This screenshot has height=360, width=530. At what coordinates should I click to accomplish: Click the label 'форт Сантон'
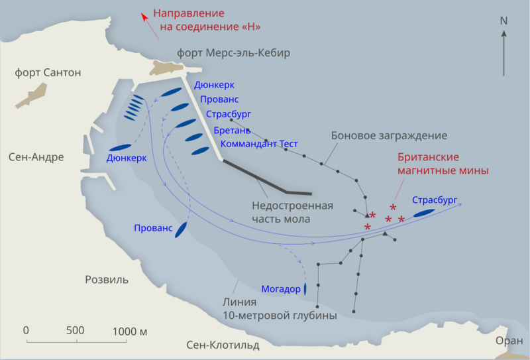coord(48,72)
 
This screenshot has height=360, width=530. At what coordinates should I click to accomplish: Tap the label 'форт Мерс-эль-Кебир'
coord(234,52)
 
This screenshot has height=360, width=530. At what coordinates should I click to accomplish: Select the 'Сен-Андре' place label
coord(36,157)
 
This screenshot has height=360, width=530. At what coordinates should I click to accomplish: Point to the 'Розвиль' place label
coord(106,279)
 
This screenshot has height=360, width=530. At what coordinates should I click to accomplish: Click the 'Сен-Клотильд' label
coord(223,345)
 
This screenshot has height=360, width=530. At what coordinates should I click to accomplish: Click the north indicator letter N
coord(503,21)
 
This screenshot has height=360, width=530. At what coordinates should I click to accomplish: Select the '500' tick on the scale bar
coord(76,330)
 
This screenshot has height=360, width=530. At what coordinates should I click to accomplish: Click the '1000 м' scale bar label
coord(129,330)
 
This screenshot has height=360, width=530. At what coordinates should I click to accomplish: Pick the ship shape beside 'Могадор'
coord(305,289)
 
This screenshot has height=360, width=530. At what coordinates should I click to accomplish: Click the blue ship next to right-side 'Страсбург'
coord(424,213)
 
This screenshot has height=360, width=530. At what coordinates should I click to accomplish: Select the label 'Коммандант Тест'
coord(259,144)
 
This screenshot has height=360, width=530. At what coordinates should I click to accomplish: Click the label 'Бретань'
coord(232,130)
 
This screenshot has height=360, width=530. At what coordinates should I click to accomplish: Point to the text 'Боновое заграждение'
coord(389,135)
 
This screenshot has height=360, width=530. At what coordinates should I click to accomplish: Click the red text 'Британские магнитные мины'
coord(443,164)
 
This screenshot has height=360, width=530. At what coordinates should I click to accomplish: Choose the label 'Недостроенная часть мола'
coord(291,211)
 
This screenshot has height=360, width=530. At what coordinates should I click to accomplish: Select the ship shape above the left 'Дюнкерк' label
coord(120,147)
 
